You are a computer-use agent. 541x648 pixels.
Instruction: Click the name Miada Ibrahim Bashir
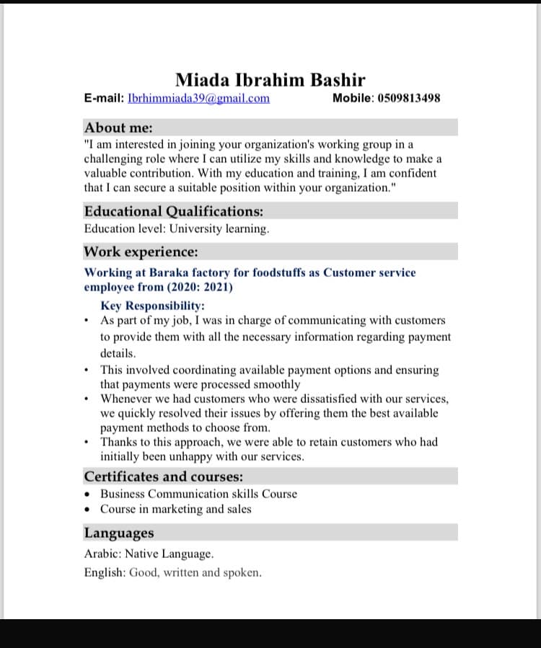click(x=270, y=80)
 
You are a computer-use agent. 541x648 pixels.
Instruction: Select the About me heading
click(x=118, y=128)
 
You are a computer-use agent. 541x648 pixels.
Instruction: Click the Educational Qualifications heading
click(x=173, y=211)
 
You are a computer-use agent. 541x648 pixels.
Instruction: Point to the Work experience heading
click(x=141, y=252)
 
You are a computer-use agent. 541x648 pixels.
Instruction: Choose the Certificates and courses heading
click(x=163, y=476)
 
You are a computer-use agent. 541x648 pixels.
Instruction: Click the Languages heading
click(x=119, y=533)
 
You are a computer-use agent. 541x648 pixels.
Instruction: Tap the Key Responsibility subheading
click(x=152, y=306)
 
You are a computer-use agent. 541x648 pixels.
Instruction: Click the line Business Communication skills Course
click(x=198, y=494)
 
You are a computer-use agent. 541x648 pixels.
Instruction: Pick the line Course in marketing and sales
click(x=176, y=509)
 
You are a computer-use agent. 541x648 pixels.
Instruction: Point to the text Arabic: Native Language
click(x=149, y=554)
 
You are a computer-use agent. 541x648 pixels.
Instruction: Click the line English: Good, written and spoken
click(x=172, y=573)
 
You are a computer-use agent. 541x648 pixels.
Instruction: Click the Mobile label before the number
click(x=351, y=98)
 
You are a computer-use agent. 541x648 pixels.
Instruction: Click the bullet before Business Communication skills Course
click(x=87, y=494)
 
